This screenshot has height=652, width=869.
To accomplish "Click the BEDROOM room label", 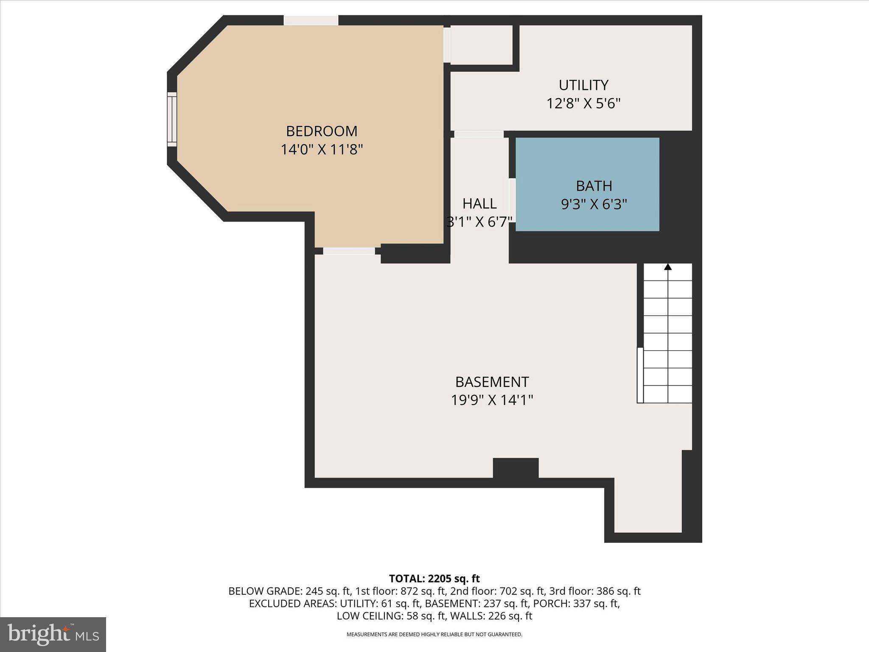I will pyautogui.click(x=321, y=131).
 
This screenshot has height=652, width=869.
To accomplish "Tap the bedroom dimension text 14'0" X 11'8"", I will pyautogui.click(x=321, y=150).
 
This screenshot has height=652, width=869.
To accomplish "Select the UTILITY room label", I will pyautogui.click(x=583, y=85).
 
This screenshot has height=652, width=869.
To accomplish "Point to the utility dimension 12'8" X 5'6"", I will pyautogui.click(x=583, y=104).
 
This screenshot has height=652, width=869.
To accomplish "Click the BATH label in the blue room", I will pyautogui.click(x=594, y=186).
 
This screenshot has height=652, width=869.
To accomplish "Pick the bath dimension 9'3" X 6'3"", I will pyautogui.click(x=594, y=205).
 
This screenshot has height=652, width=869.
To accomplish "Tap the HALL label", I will pyautogui.click(x=479, y=204).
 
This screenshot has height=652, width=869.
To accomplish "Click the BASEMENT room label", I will pyautogui.click(x=492, y=382).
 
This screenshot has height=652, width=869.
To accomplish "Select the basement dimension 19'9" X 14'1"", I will pyautogui.click(x=492, y=400).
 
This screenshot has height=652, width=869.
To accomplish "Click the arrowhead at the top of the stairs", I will pyautogui.click(x=668, y=267).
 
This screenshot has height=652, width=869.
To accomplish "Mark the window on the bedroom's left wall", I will pyautogui.click(x=172, y=119).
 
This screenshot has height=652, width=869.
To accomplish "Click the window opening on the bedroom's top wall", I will pyautogui.click(x=311, y=20).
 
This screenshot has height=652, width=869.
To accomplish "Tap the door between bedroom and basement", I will pyautogui.click(x=349, y=251).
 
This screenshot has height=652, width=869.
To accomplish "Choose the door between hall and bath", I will pyautogui.click(x=512, y=200).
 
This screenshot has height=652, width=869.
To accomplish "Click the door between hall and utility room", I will pyautogui.click(x=479, y=134).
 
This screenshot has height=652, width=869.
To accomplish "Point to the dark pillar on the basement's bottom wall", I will pyautogui.click(x=516, y=468).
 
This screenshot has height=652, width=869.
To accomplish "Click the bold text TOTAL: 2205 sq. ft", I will pyautogui.click(x=434, y=579).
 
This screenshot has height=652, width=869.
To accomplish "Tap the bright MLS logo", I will pyautogui.click(x=53, y=634).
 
